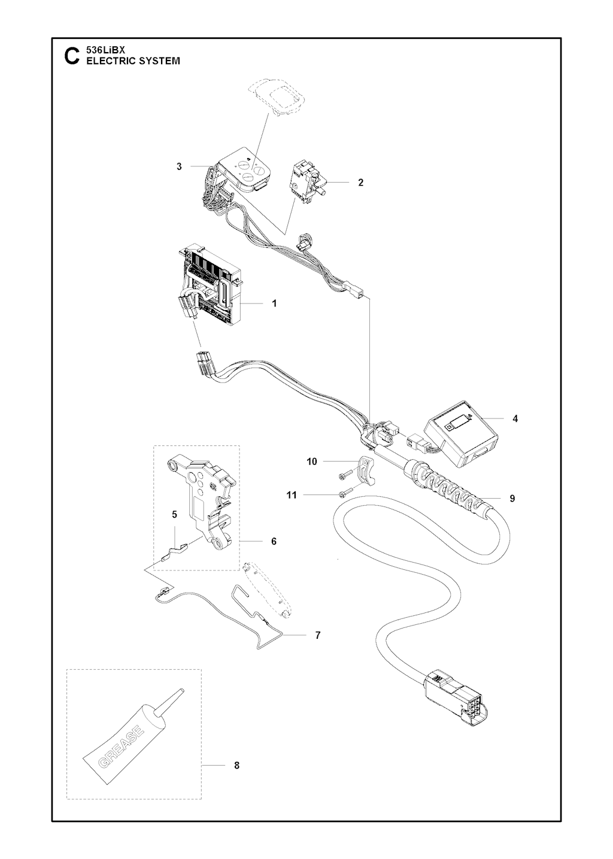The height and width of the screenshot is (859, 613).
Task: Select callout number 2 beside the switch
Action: [x=360, y=183]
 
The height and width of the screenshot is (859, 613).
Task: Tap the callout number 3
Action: [x=179, y=166]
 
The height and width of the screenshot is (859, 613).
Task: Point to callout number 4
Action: [x=515, y=419]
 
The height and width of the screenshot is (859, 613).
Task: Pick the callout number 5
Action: [x=175, y=515]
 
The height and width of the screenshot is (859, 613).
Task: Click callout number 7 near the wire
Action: [x=317, y=635]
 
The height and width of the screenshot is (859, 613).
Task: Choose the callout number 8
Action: [x=236, y=766]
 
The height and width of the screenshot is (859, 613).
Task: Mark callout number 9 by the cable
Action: [x=512, y=499]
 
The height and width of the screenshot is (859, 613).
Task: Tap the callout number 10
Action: [x=312, y=462]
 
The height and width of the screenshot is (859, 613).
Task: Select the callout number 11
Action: [x=292, y=495]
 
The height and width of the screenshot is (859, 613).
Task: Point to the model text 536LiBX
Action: [x=103, y=50]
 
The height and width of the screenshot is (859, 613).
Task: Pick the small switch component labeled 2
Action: [x=308, y=183]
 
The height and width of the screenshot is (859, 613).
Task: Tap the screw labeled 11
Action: [x=345, y=494]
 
